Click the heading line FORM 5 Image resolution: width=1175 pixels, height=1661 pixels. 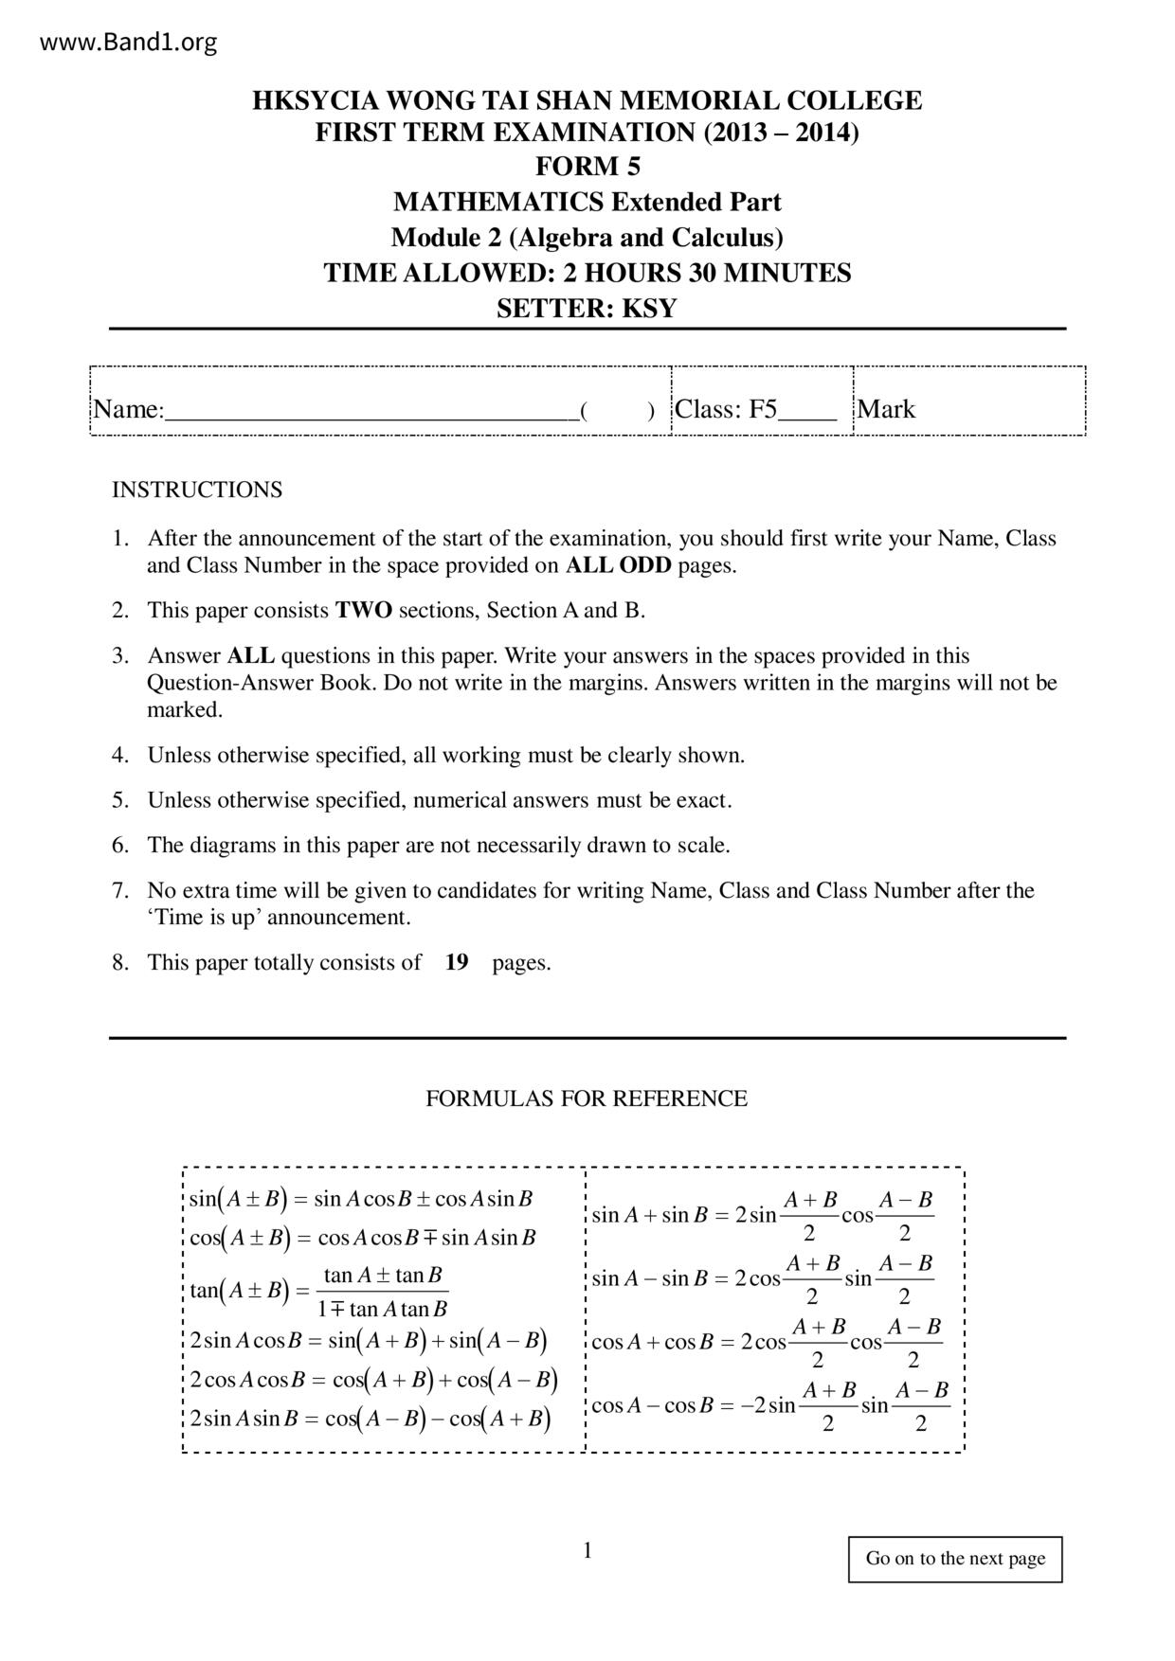coord(587,167)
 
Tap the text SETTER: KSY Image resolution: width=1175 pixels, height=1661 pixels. coord(587,309)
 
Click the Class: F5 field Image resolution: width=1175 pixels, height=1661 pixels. coord(755,409)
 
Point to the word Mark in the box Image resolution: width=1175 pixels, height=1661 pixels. coord(886,409)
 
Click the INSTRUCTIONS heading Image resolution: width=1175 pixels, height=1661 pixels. coord(197,490)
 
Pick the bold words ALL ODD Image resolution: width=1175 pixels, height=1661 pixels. coord(618,565)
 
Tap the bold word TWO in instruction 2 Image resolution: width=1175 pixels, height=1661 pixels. coord(364,610)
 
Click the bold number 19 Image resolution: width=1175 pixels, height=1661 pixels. coord(457,962)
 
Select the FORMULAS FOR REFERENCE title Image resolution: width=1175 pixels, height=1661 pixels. coord(587,1098)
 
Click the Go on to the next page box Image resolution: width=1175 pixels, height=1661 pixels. coord(955,1559)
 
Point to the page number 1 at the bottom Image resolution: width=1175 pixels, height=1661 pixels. coord(587,1550)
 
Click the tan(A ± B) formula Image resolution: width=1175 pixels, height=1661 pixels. coord(318,1292)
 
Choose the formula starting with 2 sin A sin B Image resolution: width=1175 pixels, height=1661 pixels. coord(371,1419)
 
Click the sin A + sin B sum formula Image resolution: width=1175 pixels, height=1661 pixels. coord(762,1216)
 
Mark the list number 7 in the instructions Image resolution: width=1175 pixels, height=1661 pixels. coord(120,890)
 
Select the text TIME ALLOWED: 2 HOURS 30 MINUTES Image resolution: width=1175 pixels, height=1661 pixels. coord(587,273)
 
